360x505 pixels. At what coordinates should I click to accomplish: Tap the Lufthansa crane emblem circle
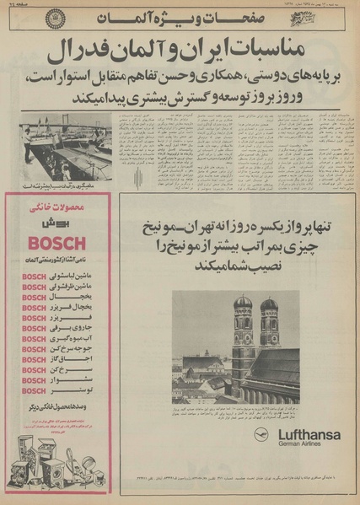[x=263, y=435]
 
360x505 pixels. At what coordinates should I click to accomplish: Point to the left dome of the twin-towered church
[x=243, y=304]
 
